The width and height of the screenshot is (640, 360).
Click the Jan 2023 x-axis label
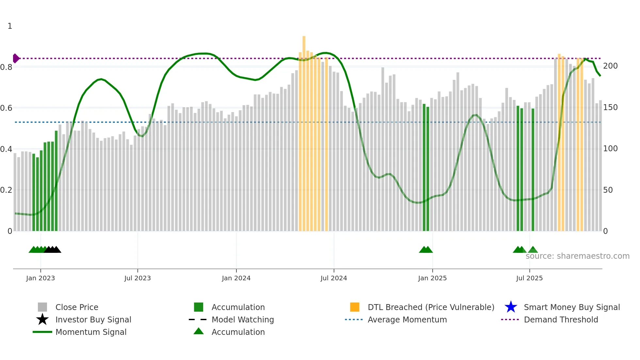click(x=40, y=278)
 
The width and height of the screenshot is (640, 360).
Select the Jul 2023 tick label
click(x=137, y=278)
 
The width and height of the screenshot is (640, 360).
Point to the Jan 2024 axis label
click(x=236, y=278)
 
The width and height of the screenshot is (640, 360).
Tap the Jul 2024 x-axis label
click(x=334, y=278)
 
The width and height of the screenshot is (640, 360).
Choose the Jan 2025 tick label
click(x=432, y=278)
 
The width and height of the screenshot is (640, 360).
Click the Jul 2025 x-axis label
click(x=529, y=278)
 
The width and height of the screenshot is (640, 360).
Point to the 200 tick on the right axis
click(x=610, y=66)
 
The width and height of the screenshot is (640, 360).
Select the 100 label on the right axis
click(x=610, y=149)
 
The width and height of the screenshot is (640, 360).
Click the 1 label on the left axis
click(x=10, y=26)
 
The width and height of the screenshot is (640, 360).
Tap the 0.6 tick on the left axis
click(x=7, y=108)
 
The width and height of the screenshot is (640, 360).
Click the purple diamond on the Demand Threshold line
click(x=16, y=58)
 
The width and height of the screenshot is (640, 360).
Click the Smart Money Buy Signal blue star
click(x=511, y=307)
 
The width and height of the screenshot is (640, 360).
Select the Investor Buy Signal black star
click(x=42, y=319)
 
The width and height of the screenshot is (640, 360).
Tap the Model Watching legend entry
click(x=243, y=319)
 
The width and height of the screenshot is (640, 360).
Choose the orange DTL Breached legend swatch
click(x=355, y=307)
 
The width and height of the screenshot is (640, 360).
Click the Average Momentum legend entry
click(x=407, y=319)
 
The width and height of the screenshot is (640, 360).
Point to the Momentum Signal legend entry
click(x=91, y=332)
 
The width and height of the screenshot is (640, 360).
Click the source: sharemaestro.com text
click(x=577, y=256)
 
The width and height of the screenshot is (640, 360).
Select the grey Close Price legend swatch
click(x=42, y=307)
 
